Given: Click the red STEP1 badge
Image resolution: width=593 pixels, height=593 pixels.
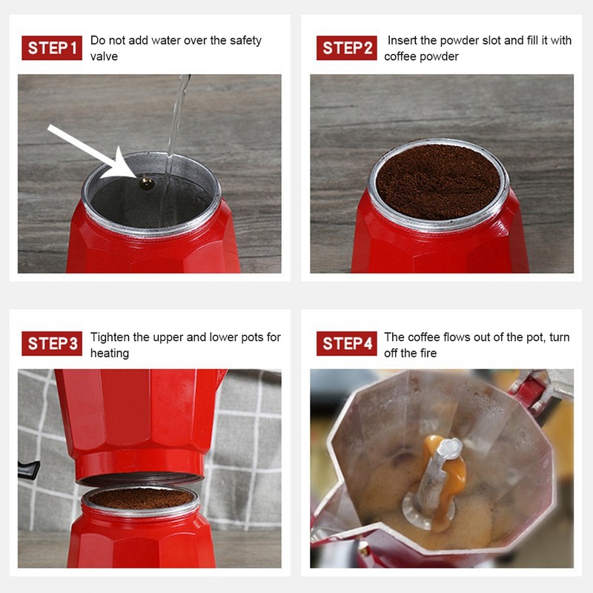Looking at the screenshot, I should pos(52,48).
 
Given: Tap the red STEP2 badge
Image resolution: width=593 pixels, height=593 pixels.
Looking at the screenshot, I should pos(347,48).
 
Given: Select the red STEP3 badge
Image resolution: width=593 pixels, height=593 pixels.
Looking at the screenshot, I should pos(52,344).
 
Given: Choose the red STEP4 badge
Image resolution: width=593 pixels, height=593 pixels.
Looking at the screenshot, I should pos(347,344).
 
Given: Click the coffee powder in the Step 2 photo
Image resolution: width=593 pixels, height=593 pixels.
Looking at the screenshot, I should pos(438,182).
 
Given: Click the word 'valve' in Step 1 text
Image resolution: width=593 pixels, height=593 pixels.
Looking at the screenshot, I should pos(104,56).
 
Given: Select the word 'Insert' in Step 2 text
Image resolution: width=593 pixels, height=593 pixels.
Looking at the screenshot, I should pos(402,41).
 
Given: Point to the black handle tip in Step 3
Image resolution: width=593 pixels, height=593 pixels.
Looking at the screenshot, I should pos(27,468).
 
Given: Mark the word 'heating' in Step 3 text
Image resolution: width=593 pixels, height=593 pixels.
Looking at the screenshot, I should pos(110,354).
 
